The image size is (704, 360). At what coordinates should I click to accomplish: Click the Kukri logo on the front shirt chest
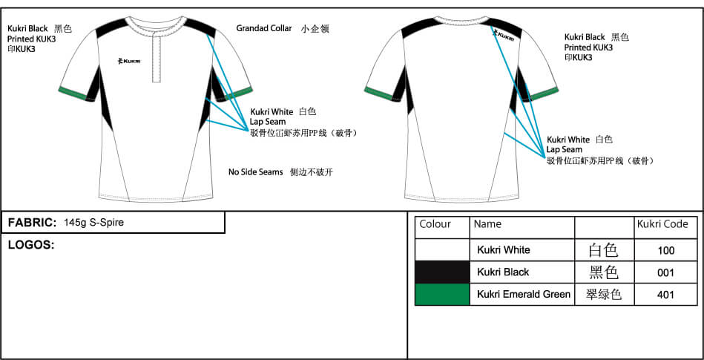128,61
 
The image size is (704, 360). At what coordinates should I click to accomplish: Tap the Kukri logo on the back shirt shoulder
505,34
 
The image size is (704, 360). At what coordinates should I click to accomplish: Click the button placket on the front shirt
157,57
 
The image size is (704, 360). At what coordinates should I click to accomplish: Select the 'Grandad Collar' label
264,28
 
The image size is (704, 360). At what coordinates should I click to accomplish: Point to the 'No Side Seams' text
255,171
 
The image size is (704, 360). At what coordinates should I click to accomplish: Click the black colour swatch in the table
442,272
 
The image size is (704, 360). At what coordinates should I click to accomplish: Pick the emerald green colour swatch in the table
442,295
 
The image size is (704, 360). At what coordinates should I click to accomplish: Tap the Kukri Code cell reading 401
665,295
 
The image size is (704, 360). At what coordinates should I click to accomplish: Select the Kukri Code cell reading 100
665,250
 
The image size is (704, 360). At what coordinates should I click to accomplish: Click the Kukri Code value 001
665,273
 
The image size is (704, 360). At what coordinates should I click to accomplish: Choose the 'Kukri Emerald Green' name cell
522,295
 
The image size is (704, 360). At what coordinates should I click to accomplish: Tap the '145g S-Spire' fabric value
93,223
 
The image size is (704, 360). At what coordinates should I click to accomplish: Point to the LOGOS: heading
31,245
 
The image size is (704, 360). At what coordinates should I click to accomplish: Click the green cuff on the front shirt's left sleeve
72,93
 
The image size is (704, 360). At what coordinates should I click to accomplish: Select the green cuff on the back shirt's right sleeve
545,94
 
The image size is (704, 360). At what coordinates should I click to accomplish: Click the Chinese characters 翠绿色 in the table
604,295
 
